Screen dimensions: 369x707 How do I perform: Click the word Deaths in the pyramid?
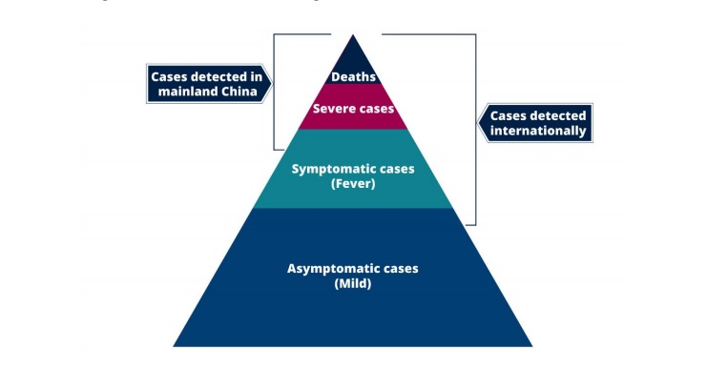tap(353, 76)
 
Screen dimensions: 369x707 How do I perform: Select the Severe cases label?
tap(353, 109)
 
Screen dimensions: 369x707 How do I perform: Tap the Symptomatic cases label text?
tap(353, 168)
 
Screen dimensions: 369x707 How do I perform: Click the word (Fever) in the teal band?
tap(353, 183)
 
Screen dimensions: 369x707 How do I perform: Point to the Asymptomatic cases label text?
tap(353, 268)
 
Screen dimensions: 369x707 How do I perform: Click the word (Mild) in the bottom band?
tap(353, 284)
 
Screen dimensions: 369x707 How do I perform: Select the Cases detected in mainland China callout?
tap(206, 83)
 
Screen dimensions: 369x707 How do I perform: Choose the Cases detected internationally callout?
tap(538, 123)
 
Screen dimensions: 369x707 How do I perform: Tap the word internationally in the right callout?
tap(538, 132)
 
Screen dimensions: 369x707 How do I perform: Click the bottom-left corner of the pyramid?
tap(174, 346)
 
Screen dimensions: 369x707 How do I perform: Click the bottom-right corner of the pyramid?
tap(532, 346)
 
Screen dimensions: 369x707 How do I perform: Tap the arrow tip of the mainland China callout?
tap(271, 83)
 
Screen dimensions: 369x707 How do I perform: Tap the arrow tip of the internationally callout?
tap(480, 123)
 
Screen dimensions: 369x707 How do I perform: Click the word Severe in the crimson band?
tap(334, 109)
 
